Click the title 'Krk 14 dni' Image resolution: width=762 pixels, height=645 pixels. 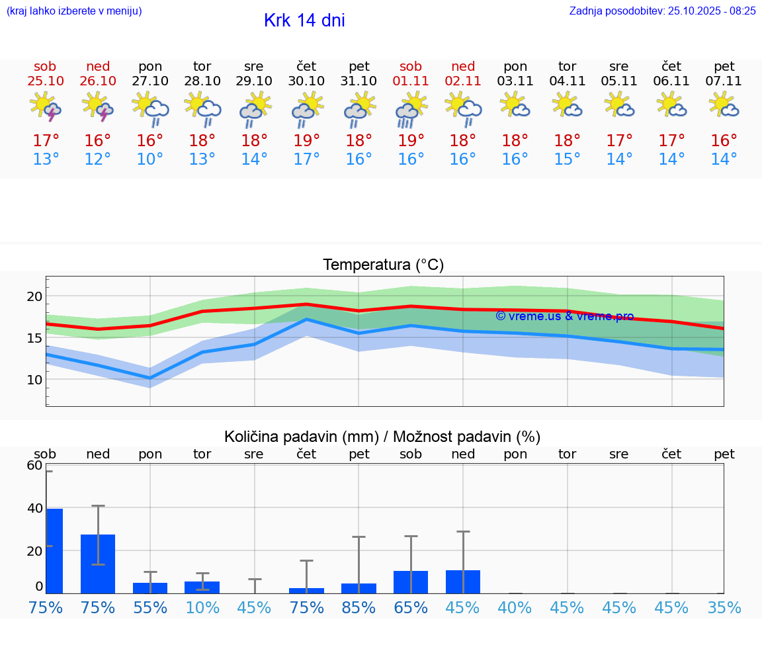[304, 21]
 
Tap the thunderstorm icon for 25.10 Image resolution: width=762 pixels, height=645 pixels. [45, 107]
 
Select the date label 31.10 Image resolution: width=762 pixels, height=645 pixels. [359, 81]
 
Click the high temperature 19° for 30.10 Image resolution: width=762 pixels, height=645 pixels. [306, 141]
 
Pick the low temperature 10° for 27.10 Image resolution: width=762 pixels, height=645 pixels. [150, 159]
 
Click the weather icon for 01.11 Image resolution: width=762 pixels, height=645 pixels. [411, 108]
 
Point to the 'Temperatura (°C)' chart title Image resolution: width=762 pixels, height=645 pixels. [383, 265]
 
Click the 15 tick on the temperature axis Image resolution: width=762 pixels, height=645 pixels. [34, 338]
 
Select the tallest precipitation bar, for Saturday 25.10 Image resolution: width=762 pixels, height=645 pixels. [54, 550]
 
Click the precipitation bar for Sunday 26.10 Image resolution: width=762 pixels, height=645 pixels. [98, 564]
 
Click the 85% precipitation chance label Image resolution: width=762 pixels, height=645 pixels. [359, 608]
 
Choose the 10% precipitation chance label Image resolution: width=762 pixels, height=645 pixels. [202, 608]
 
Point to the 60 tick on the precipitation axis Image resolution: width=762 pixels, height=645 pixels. [34, 466]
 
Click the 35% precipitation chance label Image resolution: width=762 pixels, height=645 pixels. [724, 608]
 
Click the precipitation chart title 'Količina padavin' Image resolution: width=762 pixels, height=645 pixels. [382, 437]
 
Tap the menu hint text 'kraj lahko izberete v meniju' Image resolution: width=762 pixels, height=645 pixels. [73, 11]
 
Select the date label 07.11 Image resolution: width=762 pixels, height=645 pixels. [724, 81]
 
